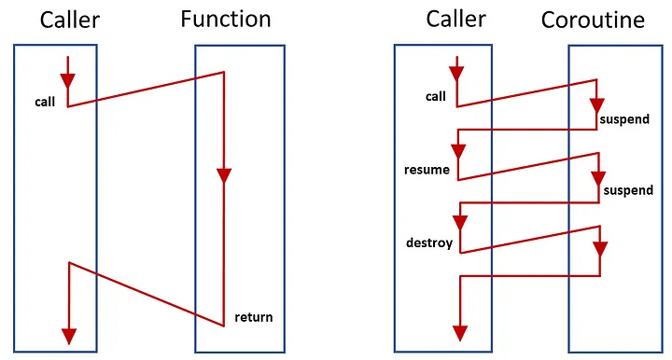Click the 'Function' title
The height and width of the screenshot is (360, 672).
(x=226, y=19)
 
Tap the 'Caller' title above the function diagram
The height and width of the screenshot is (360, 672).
(x=69, y=19)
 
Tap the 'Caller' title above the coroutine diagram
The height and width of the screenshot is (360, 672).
(x=457, y=19)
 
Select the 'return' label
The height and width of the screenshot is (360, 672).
(x=254, y=317)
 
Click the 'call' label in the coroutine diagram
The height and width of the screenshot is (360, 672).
(x=436, y=95)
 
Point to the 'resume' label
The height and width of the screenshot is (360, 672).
(x=427, y=170)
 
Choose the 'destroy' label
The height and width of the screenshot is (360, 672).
(x=429, y=242)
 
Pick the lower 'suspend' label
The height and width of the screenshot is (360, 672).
(x=627, y=190)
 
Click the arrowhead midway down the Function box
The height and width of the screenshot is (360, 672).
(x=223, y=174)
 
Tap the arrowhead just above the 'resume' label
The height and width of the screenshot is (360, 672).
(x=458, y=149)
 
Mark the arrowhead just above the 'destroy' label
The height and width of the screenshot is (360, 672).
(x=458, y=223)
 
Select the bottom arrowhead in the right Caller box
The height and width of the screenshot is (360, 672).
(x=458, y=332)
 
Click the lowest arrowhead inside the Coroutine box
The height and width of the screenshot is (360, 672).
(x=599, y=249)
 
